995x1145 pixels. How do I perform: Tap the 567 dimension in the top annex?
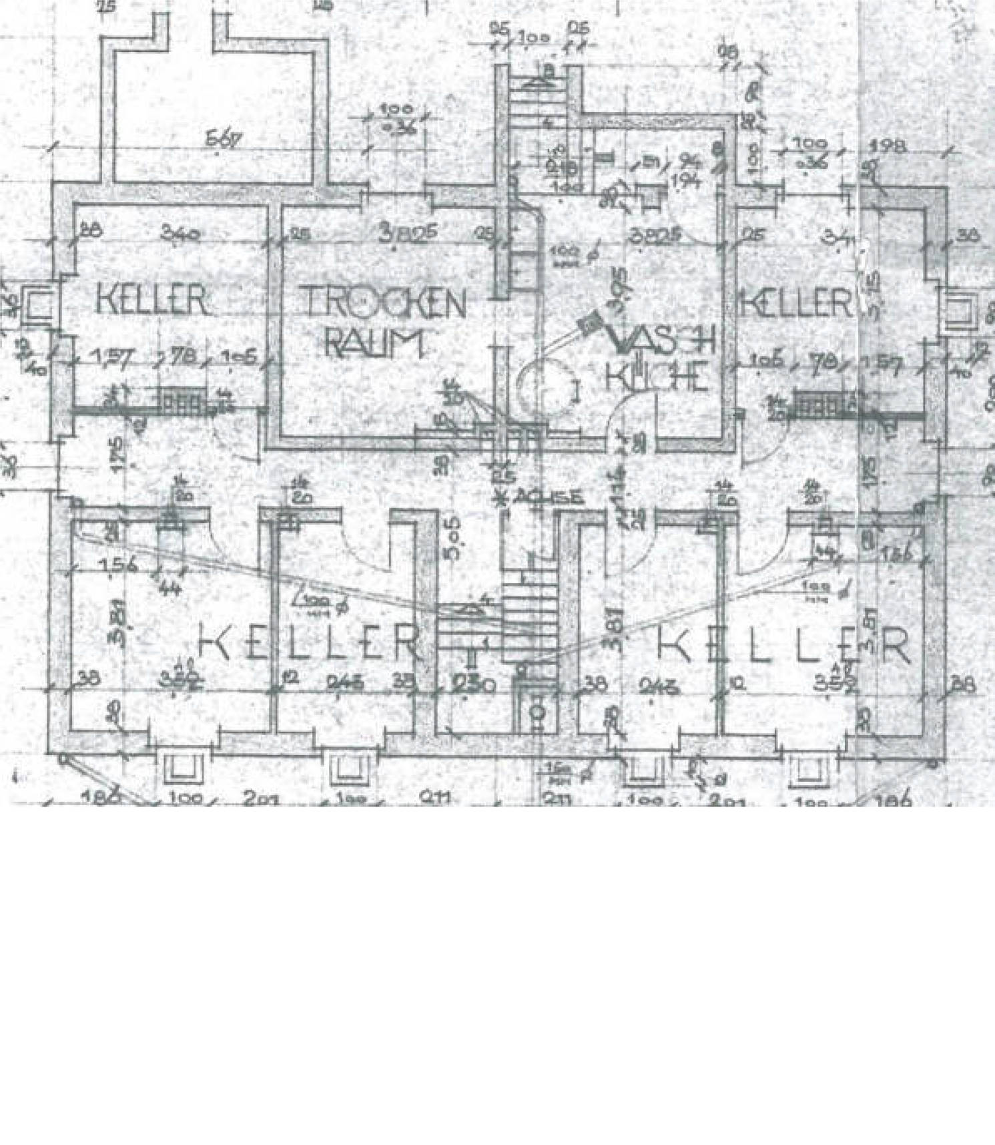(x=223, y=140)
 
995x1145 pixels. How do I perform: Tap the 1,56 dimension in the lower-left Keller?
(x=117, y=565)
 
